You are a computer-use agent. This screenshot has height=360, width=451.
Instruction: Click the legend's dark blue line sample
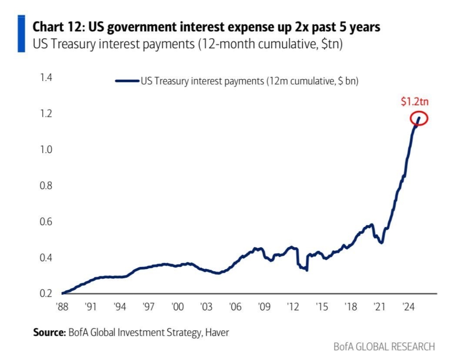coord(127,82)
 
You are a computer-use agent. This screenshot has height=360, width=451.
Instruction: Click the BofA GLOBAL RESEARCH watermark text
coord(384,347)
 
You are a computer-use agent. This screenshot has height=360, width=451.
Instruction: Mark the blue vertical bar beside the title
coord(21,33)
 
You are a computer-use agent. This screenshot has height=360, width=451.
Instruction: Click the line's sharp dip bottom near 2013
coord(307,270)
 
